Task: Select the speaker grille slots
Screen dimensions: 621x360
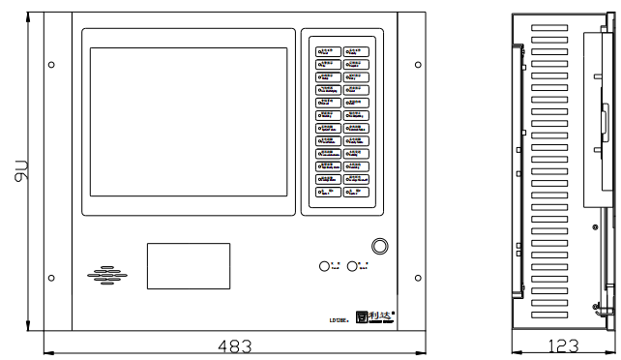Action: tap(108, 274)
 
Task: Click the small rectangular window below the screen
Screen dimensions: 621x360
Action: tap(189, 265)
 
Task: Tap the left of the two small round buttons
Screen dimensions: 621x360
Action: tap(324, 267)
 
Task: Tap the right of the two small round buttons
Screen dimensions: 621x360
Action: tap(354, 267)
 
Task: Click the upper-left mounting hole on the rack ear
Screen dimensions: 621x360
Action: tap(51, 66)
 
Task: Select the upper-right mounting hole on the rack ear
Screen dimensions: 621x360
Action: tap(417, 66)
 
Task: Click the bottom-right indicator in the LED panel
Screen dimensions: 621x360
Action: tap(356, 194)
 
